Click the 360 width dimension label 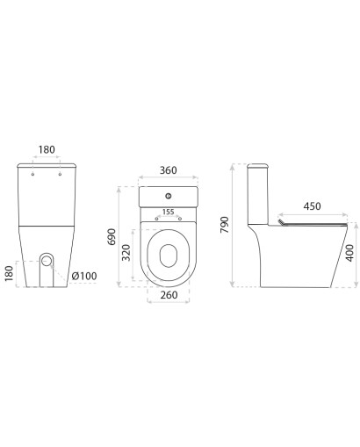click(x=168, y=170)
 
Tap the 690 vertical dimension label click(x=112, y=237)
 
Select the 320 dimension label click(x=126, y=252)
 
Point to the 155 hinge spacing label click(x=168, y=212)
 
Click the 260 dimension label click(x=169, y=295)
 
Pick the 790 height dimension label click(x=225, y=225)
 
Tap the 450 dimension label click(x=312, y=206)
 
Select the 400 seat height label click(x=349, y=253)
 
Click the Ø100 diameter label click(x=84, y=276)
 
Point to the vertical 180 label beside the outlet click(x=10, y=273)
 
